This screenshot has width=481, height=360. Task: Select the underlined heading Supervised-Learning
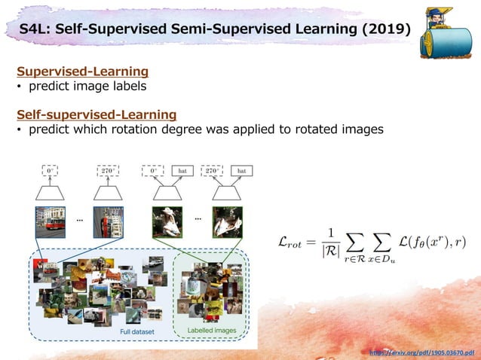click(x=82, y=72)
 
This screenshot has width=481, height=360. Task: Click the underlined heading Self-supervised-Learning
click(x=97, y=114)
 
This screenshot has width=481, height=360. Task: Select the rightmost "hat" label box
click(x=241, y=171)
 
